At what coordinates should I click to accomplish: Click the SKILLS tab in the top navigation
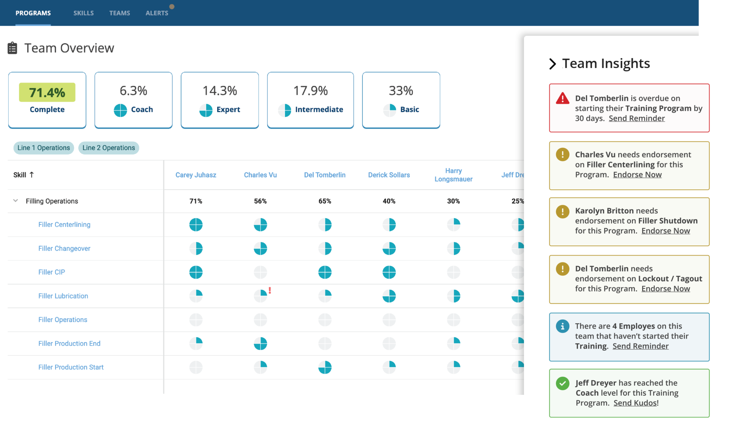click(x=84, y=13)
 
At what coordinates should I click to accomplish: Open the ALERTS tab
click(x=157, y=13)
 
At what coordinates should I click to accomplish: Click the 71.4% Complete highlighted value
click(x=47, y=92)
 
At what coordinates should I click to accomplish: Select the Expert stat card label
click(x=228, y=110)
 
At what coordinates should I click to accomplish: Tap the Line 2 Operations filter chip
click(x=109, y=148)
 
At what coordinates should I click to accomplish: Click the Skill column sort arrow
click(x=32, y=175)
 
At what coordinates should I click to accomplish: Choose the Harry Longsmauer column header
click(x=453, y=175)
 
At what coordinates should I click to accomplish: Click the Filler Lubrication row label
click(x=63, y=296)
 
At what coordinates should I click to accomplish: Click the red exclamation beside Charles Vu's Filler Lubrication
click(x=270, y=291)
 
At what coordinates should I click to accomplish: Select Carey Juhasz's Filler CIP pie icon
click(x=196, y=272)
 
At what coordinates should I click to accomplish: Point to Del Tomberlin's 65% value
click(x=325, y=201)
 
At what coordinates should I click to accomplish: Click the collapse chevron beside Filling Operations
click(x=15, y=201)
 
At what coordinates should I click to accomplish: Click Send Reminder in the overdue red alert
click(x=637, y=119)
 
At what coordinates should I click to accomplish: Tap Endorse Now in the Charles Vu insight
click(x=637, y=175)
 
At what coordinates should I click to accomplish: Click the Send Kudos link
click(x=635, y=403)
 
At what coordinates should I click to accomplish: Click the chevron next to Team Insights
click(x=552, y=64)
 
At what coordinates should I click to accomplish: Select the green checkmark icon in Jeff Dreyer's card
click(x=562, y=383)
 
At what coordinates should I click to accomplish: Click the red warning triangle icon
click(x=562, y=98)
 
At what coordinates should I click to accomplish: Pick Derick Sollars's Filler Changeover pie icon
click(x=389, y=248)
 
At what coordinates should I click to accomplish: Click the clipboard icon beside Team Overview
click(x=13, y=48)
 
